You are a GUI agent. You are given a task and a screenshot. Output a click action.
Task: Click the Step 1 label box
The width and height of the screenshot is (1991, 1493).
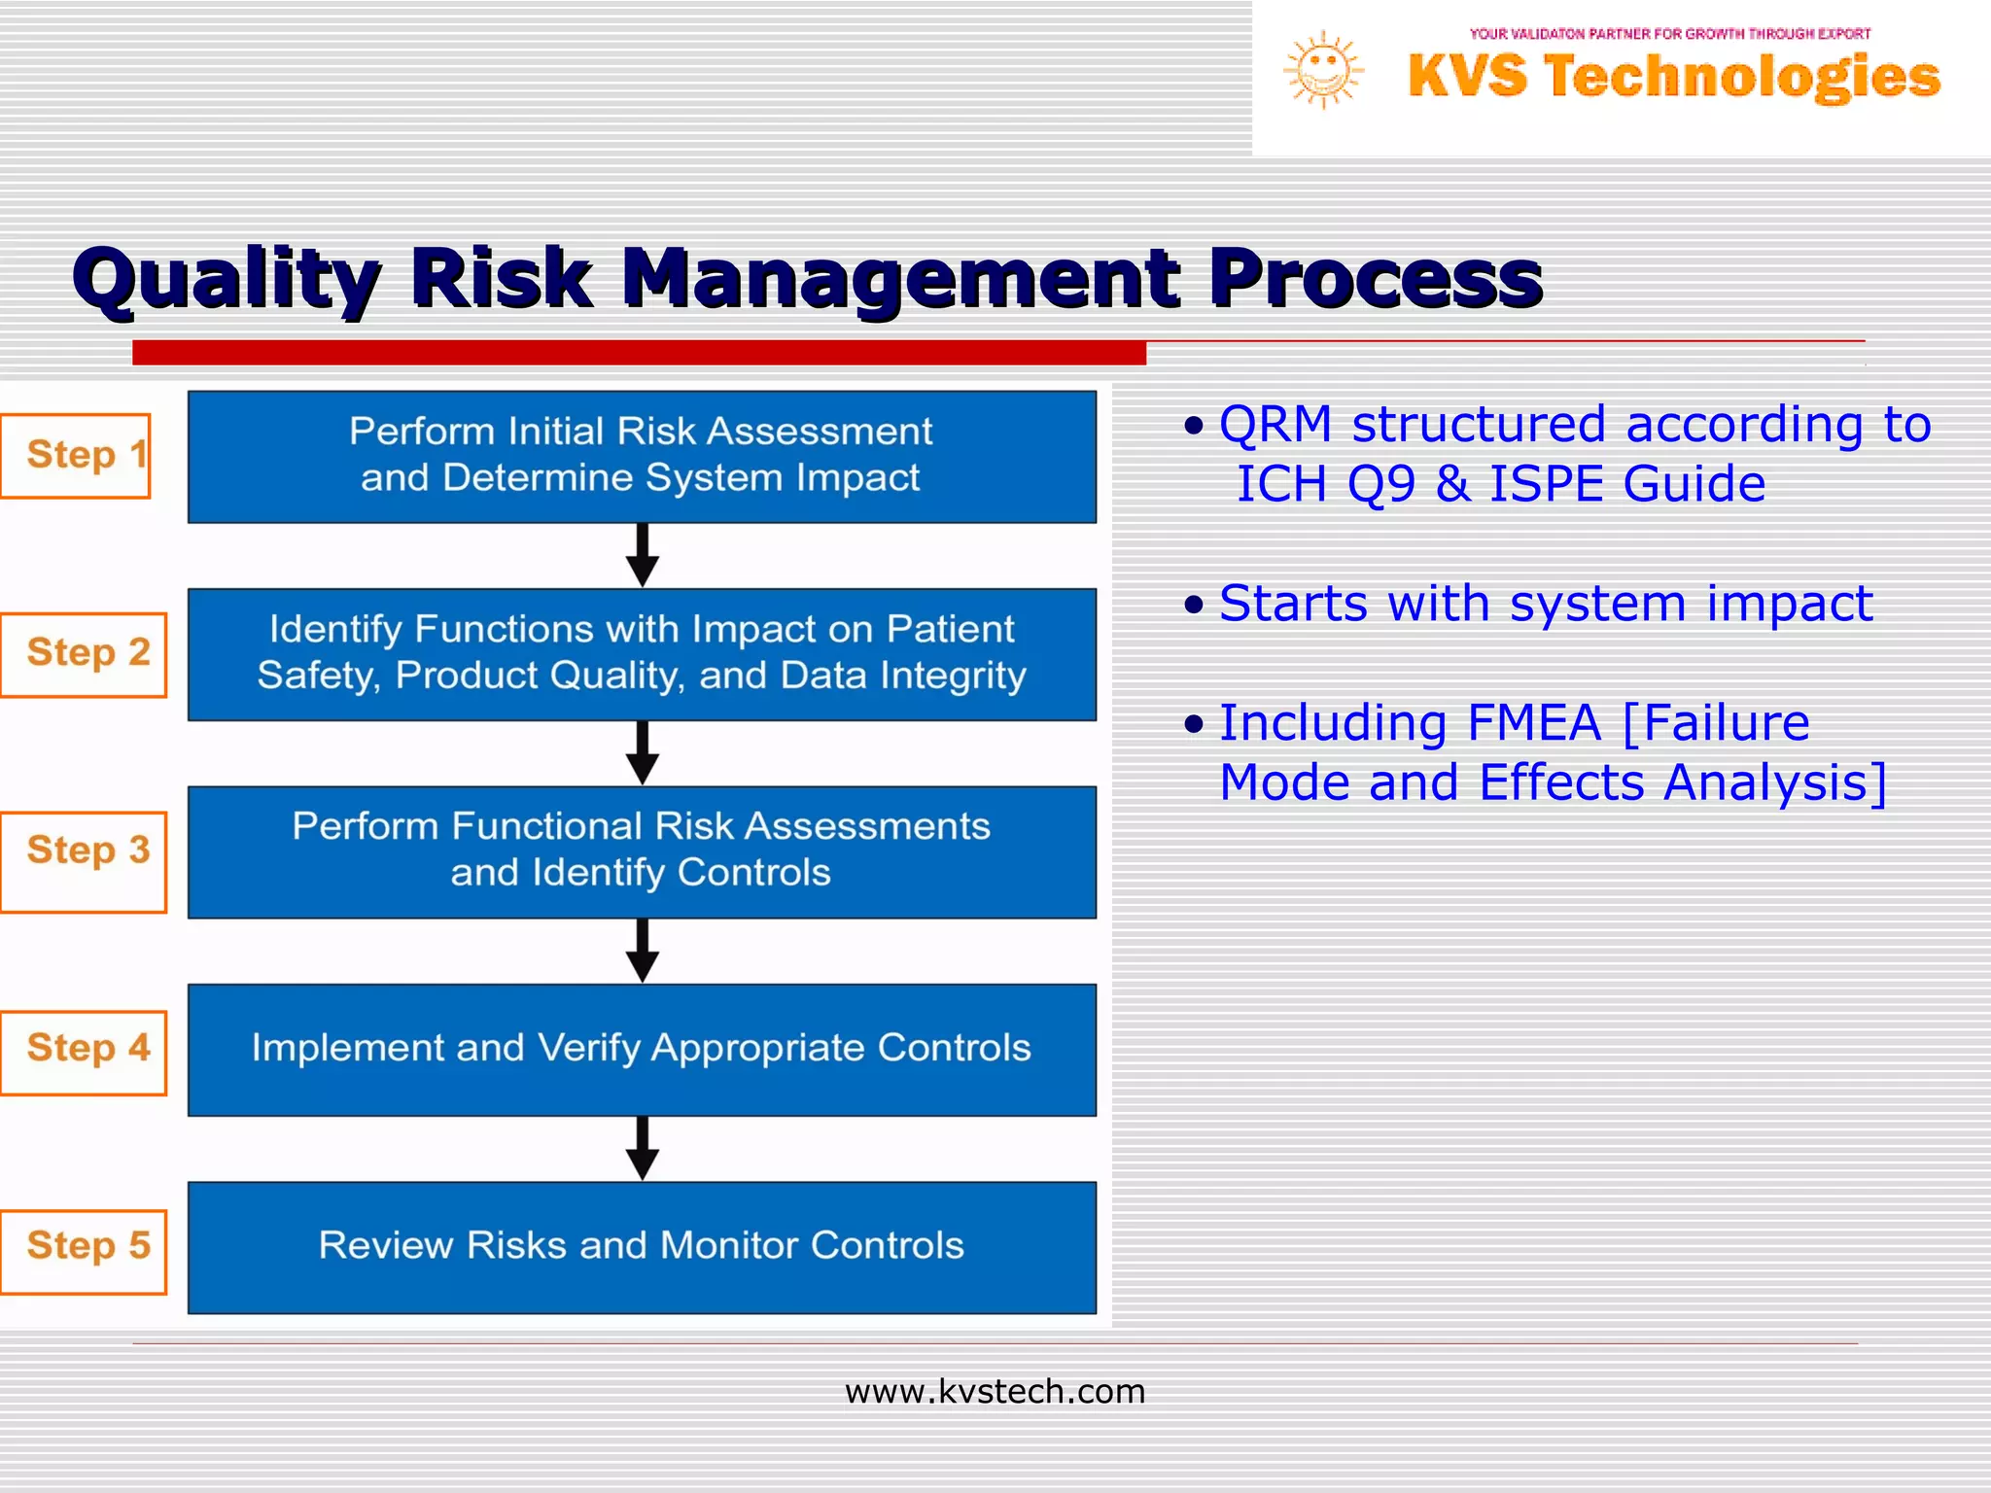pyautogui.click(x=76, y=455)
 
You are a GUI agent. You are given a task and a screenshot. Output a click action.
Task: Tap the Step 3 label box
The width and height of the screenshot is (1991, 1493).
pyautogui.click(x=84, y=861)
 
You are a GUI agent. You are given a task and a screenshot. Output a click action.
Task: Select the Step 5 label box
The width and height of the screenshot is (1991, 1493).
pyautogui.click(x=84, y=1251)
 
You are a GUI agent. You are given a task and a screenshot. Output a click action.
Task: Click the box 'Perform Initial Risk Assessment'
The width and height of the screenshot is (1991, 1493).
pyautogui.click(x=642, y=456)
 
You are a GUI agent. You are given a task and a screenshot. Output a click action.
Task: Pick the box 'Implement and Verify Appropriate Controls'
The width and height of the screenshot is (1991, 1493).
pyautogui.click(x=642, y=1049)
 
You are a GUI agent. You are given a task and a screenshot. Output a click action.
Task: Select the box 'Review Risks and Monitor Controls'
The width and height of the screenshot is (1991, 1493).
pyautogui.click(x=642, y=1247)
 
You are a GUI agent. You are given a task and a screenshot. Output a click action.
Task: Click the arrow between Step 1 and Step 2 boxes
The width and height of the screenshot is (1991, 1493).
pyautogui.click(x=642, y=555)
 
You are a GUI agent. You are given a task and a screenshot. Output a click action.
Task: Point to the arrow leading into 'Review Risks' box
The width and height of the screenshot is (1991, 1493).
pyautogui.click(x=642, y=1148)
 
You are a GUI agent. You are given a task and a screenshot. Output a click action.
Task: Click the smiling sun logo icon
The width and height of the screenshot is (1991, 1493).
pyautogui.click(x=1323, y=70)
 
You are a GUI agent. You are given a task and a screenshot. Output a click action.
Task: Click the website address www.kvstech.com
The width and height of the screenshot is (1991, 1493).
pyautogui.click(x=995, y=1391)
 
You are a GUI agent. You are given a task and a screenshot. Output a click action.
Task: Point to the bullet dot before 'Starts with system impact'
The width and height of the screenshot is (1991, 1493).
pyautogui.click(x=1194, y=605)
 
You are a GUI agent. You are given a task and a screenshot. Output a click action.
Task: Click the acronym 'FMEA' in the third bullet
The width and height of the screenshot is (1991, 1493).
pyautogui.click(x=1533, y=722)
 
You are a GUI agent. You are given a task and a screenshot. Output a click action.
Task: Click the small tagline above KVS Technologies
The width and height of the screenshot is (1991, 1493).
pyautogui.click(x=1669, y=33)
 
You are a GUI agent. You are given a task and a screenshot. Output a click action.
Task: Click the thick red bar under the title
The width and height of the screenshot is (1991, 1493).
pyautogui.click(x=639, y=353)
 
